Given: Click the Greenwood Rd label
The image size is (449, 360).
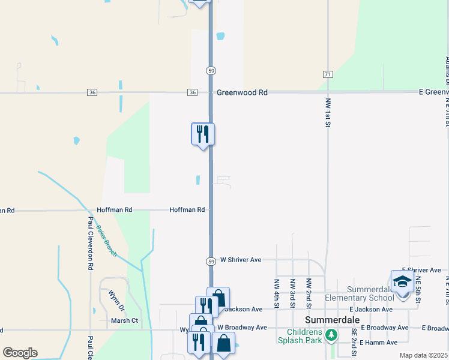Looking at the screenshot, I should tap(242, 92).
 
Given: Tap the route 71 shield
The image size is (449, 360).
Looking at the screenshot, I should tap(327, 74).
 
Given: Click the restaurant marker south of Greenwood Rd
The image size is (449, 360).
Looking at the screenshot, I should tap(203, 134).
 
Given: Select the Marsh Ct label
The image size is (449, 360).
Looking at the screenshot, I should tap(124, 320).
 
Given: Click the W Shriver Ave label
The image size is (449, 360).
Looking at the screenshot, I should tap(241, 260).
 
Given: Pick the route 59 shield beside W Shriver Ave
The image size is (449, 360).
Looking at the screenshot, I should tap(211, 262).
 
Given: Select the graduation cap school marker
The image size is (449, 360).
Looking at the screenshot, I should tap(402, 281).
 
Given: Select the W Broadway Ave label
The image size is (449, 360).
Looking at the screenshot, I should tap(242, 328).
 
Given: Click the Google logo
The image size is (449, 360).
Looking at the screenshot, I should tap(20, 353).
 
